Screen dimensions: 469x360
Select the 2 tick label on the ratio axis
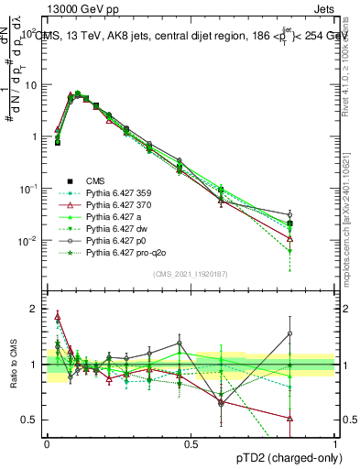(x=32, y=309)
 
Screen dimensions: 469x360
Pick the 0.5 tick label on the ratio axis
(x=27, y=420)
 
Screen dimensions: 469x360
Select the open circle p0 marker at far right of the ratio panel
(x=315, y=333)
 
